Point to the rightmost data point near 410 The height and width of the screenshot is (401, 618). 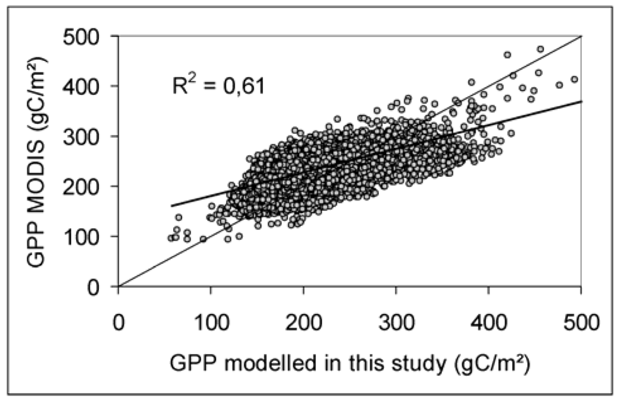574,79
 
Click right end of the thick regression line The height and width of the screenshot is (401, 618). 581,101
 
